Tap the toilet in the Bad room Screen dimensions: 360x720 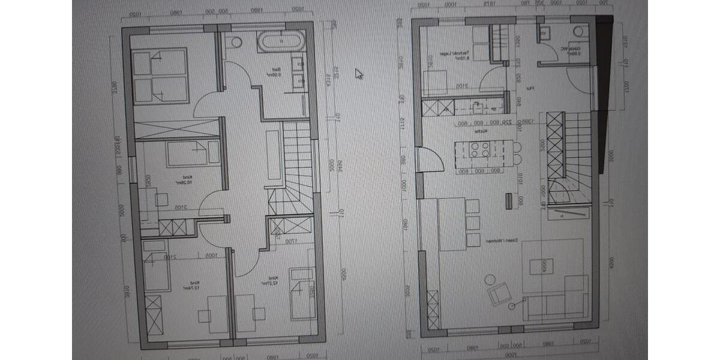click(235, 42)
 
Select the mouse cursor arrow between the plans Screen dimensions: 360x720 click(359, 74)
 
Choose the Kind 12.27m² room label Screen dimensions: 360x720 click(272, 281)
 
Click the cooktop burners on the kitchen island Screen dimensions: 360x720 click(479, 149)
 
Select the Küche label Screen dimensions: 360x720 click(480, 131)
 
